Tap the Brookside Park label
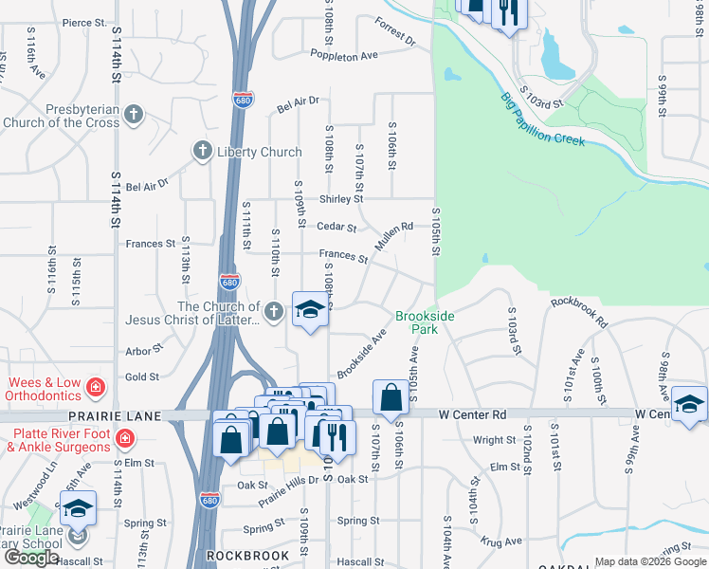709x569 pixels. point(425,321)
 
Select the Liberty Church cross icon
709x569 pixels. point(202,151)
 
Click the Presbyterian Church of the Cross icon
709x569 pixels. point(134,115)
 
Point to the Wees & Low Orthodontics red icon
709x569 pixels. point(95,387)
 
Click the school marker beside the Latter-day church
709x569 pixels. point(310,310)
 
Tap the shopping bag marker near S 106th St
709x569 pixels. point(391,397)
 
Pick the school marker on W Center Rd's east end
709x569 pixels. point(689,403)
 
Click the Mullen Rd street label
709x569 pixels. point(393,235)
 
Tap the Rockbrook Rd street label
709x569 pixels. point(578,310)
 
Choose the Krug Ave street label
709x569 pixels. point(501,541)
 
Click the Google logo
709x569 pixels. point(31,558)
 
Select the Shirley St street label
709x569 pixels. point(341,199)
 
